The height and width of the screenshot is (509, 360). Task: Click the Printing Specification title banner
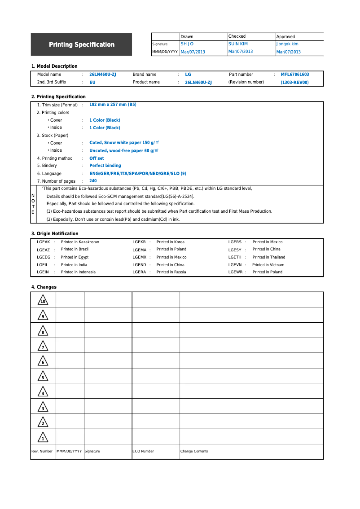point(81,44)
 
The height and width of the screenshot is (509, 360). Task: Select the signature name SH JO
point(187,44)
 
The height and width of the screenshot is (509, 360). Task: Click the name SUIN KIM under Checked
point(238,44)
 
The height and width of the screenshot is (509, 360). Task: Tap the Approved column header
point(285,37)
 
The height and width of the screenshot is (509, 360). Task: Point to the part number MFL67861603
point(294,75)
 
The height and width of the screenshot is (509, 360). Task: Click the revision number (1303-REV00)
point(294,83)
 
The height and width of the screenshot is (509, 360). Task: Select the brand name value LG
point(188,75)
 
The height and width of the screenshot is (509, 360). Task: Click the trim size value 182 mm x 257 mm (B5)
point(113,105)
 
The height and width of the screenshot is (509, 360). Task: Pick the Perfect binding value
point(105,166)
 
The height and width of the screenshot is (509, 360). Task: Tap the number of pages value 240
point(93,181)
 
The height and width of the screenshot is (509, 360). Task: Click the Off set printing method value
point(97,158)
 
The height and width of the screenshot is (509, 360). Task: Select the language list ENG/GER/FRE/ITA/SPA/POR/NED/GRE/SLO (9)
point(137,174)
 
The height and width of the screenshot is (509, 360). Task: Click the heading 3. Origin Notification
point(55,233)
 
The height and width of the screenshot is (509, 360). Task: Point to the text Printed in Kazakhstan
point(80,242)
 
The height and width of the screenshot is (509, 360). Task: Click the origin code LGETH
point(235,257)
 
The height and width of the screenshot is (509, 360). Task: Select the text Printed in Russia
point(171,272)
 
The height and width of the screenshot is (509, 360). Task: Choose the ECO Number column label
point(143,451)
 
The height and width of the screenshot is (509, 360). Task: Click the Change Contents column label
point(194,451)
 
